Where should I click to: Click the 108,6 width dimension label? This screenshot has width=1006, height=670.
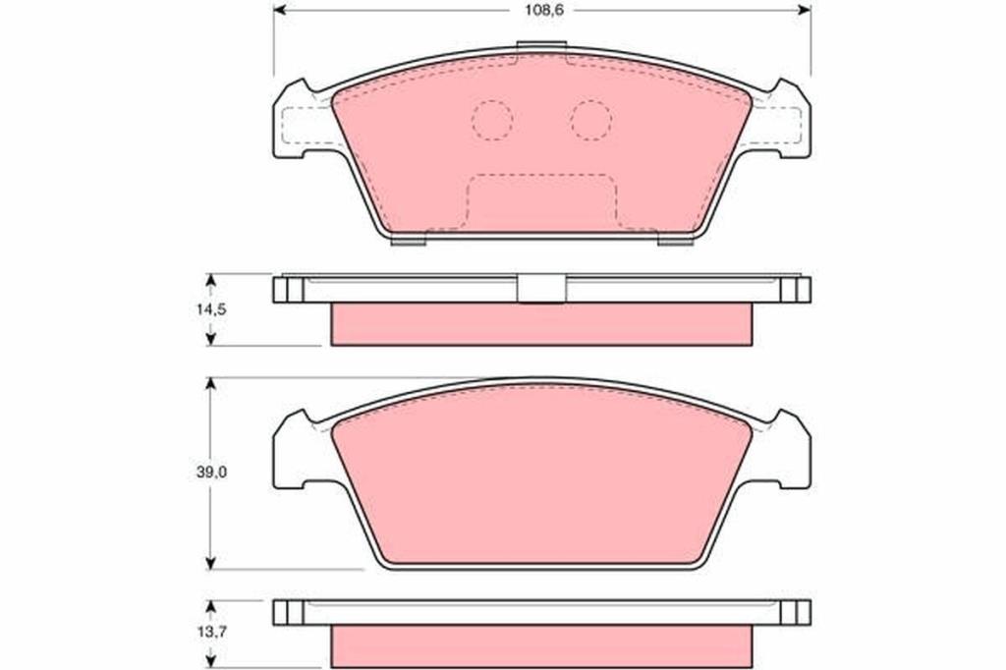click(542, 10)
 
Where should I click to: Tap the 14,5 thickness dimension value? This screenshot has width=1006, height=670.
click(211, 309)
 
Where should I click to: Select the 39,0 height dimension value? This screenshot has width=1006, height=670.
click(211, 473)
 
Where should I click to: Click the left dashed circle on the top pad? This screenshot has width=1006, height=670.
click(492, 120)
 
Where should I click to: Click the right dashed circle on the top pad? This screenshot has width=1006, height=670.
click(591, 120)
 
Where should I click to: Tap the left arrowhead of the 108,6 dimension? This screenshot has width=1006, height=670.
click(281, 10)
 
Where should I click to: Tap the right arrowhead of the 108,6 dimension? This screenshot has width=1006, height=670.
click(804, 10)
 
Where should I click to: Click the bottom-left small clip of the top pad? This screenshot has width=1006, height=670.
click(409, 241)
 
